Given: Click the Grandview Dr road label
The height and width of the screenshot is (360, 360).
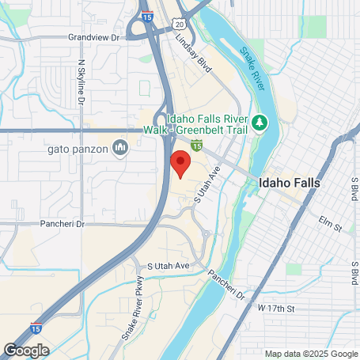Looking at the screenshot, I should click(x=98, y=36).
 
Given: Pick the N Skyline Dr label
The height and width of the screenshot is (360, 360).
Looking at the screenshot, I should click(x=81, y=83).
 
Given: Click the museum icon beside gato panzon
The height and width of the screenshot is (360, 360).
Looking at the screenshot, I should click(x=120, y=146).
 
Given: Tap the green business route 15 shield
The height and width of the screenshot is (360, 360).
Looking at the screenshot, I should click(x=196, y=143).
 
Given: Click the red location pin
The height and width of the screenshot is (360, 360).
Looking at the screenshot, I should click(x=180, y=165).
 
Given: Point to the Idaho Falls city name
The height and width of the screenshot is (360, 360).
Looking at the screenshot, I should click(x=290, y=182).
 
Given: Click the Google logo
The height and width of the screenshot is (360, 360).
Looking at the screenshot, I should click(x=25, y=350).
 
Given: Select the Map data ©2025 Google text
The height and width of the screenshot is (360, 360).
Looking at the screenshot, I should click(x=310, y=354).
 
